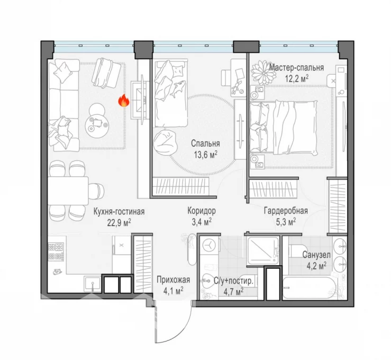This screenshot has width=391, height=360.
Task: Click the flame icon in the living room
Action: [124, 101]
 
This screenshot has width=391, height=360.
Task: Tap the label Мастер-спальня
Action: [296, 68]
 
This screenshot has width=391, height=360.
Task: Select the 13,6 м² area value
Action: [205, 155]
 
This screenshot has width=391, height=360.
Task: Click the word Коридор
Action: [202, 211]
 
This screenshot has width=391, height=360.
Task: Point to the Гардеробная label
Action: [286, 211]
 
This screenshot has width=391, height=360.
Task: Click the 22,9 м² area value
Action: [119, 222]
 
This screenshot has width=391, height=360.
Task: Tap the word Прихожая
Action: [173, 280]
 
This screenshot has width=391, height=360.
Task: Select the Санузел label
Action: [316, 255]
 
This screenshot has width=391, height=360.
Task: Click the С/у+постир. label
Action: [233, 282]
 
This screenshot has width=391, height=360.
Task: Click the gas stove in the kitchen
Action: [56, 252]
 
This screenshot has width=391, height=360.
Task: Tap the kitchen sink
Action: [93, 284]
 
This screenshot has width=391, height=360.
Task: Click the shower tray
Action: [262, 250]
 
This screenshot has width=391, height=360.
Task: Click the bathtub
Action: [309, 287]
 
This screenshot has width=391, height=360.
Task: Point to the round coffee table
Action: [97, 124]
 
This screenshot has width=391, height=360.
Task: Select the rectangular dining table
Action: [68, 191]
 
